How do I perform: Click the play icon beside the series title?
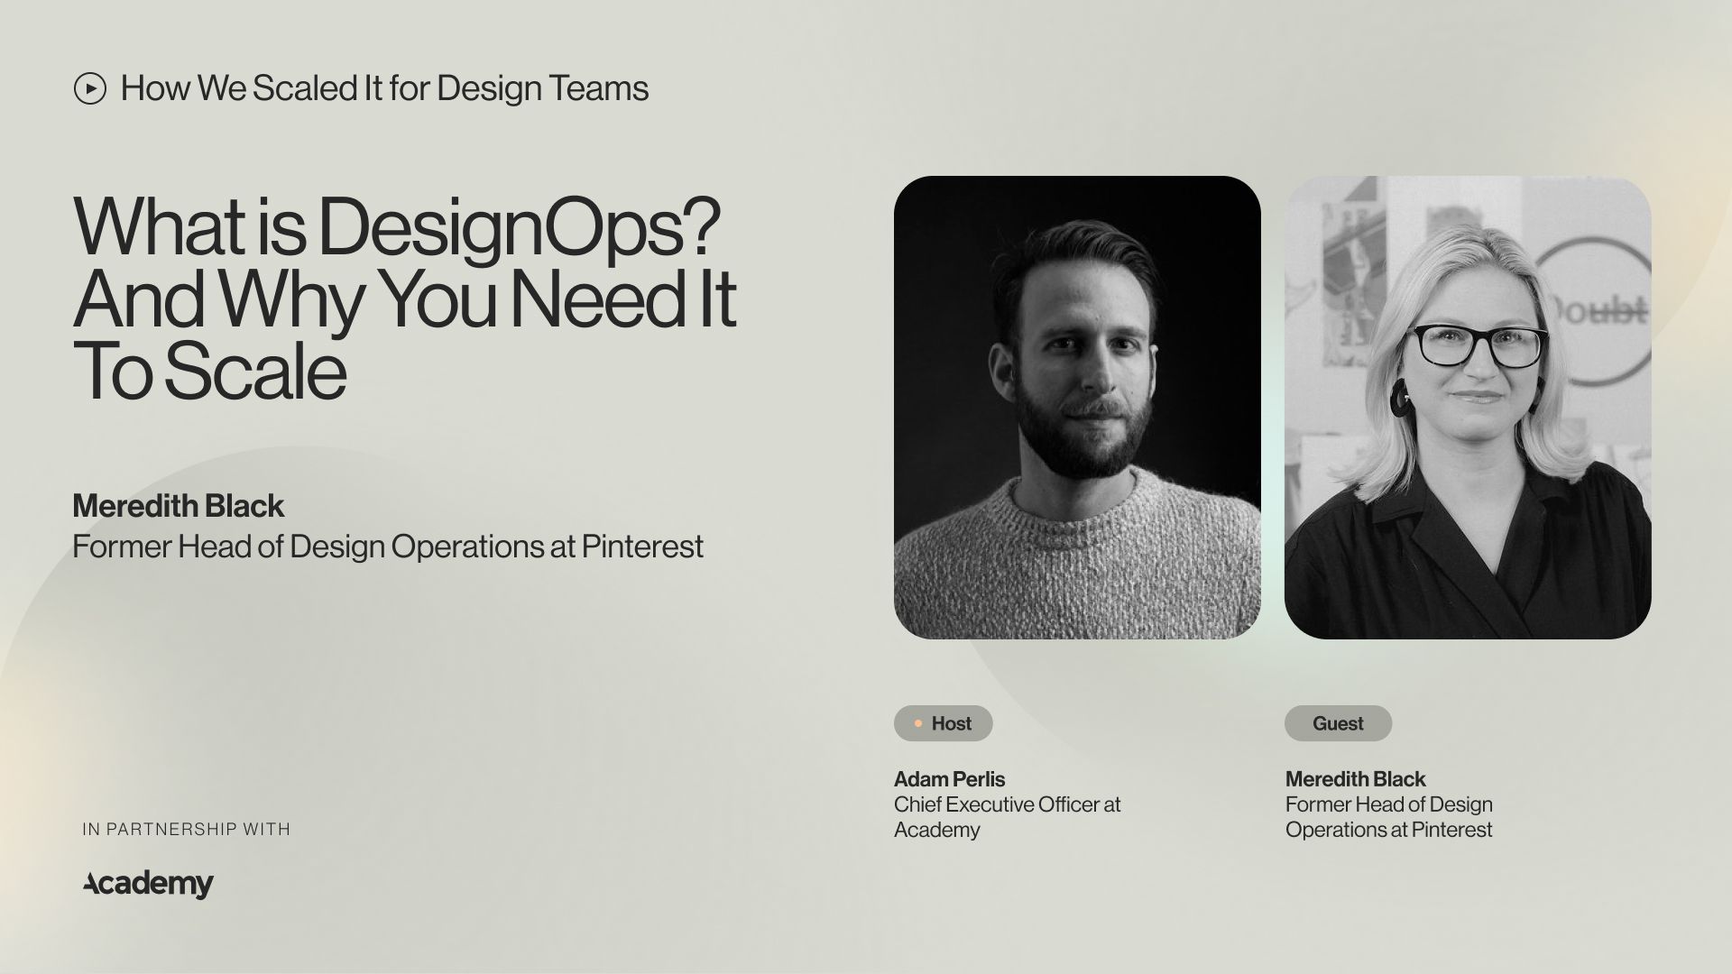click(90, 88)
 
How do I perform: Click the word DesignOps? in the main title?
click(519, 227)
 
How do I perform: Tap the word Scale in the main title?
click(255, 372)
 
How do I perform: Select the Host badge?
click(943, 723)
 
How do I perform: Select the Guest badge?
click(1338, 723)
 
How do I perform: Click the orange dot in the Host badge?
click(918, 723)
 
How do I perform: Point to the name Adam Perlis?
click(949, 779)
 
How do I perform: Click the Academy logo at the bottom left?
click(149, 884)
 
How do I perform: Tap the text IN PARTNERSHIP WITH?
click(186, 829)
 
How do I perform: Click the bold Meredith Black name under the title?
click(178, 506)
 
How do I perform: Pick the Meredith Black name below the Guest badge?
click(1355, 779)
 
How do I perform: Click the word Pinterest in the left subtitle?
click(642, 547)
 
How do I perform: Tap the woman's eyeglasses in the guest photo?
click(1477, 347)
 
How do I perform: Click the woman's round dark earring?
click(1401, 398)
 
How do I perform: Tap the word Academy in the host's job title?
click(936, 830)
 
